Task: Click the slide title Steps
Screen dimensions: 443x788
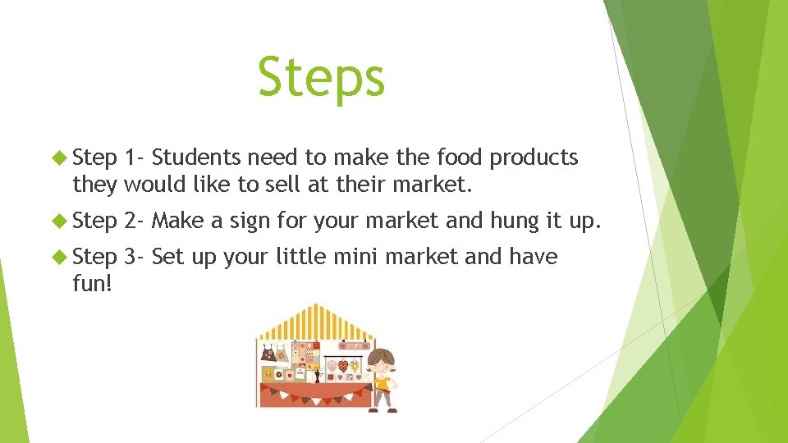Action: (321, 77)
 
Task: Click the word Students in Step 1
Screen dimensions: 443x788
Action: (196, 157)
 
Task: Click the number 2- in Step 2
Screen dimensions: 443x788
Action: (135, 220)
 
